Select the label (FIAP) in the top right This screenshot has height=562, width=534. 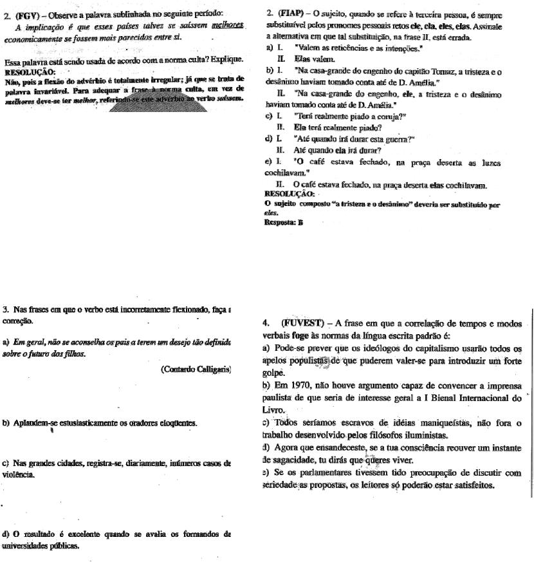click(x=291, y=14)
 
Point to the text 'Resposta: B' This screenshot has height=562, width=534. click(x=284, y=222)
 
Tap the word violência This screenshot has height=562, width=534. click(x=17, y=474)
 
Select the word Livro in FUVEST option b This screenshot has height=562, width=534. click(x=273, y=409)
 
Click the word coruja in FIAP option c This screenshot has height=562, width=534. click(x=391, y=117)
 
